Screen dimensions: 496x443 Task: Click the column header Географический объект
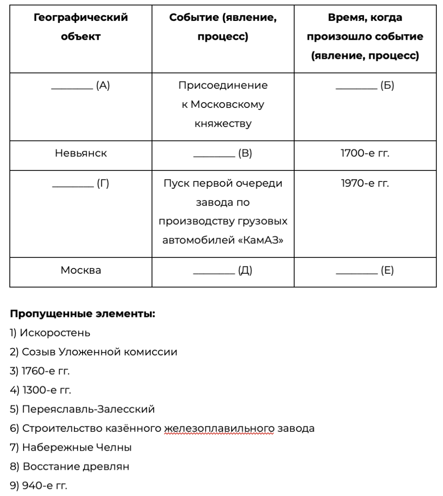click(81, 27)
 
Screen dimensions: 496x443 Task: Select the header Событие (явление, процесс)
click(223, 27)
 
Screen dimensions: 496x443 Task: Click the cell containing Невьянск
click(81, 154)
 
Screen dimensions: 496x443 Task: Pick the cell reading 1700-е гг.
click(365, 154)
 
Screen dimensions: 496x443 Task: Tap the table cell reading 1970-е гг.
click(365, 183)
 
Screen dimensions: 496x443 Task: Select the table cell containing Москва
click(81, 270)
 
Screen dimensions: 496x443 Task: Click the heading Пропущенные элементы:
click(83, 314)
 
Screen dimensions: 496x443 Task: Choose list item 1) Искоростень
click(50, 333)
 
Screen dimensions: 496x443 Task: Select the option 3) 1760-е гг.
click(40, 371)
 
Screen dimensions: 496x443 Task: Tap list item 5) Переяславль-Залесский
click(82, 409)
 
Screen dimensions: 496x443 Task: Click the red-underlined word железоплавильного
click(219, 429)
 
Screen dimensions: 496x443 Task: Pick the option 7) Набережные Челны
click(71, 447)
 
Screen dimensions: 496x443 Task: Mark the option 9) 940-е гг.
click(38, 486)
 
